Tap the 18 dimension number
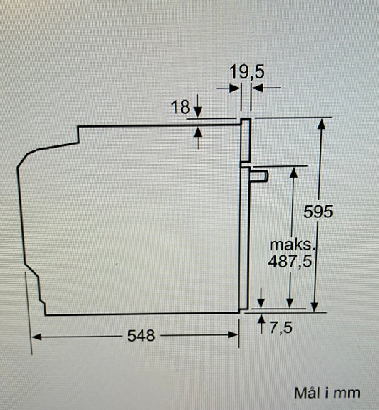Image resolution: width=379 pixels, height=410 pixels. click(x=181, y=108)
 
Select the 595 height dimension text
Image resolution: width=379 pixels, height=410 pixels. click(x=318, y=212)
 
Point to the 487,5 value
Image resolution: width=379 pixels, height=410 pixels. click(x=290, y=262)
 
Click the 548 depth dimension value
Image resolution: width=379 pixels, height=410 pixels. click(x=141, y=336)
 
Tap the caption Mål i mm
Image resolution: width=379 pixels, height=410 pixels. click(x=326, y=393)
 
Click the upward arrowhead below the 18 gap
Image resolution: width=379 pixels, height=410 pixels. click(x=198, y=131)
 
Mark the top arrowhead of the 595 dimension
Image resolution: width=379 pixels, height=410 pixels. click(x=321, y=123)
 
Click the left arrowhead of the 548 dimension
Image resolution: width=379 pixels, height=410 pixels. click(x=37, y=336)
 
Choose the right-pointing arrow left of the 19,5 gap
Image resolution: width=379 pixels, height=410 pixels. click(x=236, y=87)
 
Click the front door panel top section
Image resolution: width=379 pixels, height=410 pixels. click(x=246, y=140)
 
